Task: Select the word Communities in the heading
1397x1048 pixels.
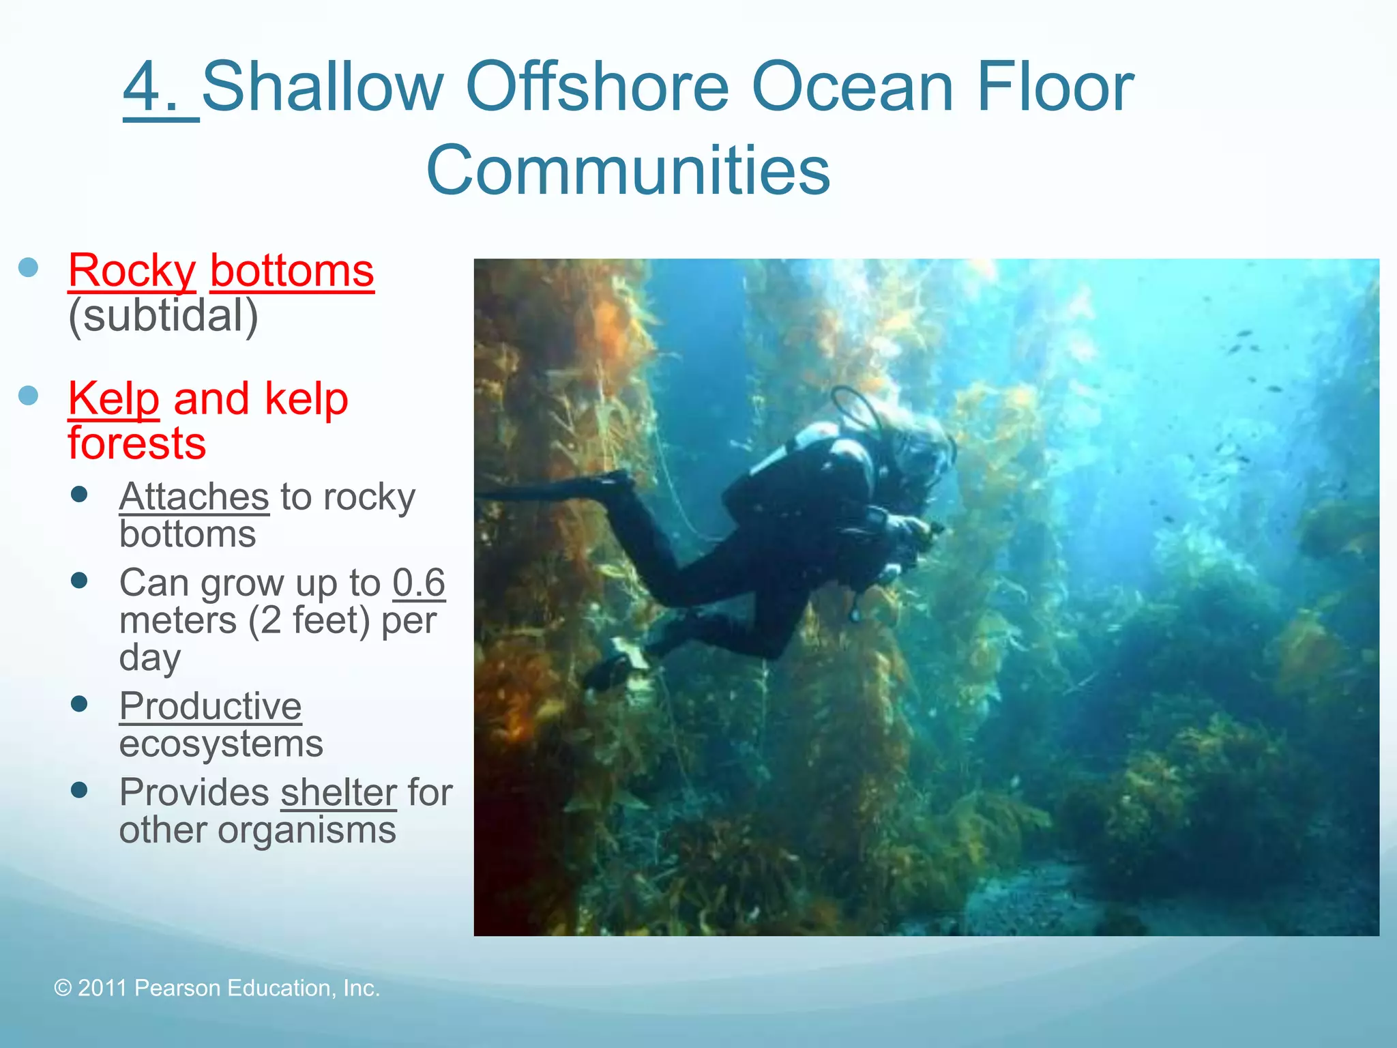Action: [628, 170]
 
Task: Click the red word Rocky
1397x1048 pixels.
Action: [132, 271]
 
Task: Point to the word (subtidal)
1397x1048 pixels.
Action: [163, 315]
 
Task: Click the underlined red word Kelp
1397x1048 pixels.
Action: [113, 399]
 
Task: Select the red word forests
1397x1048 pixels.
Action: [136, 443]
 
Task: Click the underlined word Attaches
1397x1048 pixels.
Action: [194, 496]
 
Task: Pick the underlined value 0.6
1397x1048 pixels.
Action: [418, 583]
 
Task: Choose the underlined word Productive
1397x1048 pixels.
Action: [210, 705]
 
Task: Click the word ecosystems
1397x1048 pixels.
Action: [221, 743]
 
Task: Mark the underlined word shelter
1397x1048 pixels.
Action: [338, 793]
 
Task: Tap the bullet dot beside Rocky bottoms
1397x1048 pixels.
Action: [29, 267]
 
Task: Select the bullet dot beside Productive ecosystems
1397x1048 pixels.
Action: [80, 703]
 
